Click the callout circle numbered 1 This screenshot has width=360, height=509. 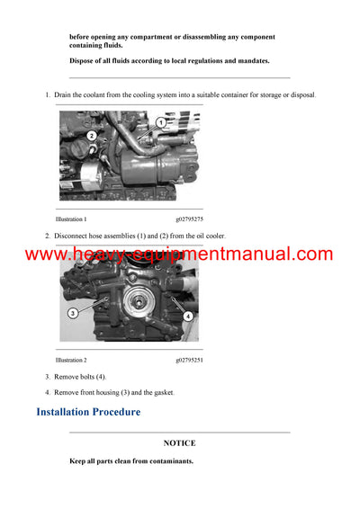pyautogui.click(x=160, y=122)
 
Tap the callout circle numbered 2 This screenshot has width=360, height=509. pyautogui.click(x=92, y=136)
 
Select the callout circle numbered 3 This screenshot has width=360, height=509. pyautogui.click(x=73, y=313)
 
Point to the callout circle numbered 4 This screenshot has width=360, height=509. pyautogui.click(x=188, y=316)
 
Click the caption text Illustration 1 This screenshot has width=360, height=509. pyautogui.click(x=71, y=219)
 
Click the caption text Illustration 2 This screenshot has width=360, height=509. pyautogui.click(x=71, y=360)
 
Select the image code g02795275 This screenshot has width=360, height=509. pyautogui.click(x=189, y=219)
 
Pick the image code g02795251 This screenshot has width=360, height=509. pyautogui.click(x=189, y=360)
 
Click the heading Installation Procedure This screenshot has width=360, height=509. pyautogui.click(x=88, y=412)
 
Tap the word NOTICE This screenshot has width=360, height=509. pyautogui.click(x=179, y=443)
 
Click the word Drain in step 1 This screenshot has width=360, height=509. pyautogui.click(x=64, y=94)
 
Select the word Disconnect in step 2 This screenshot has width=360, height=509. pyautogui.click(x=73, y=236)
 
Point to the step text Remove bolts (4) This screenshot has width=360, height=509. pyautogui.click(x=81, y=376)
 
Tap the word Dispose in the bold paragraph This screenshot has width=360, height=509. pyautogui.click(x=84, y=60)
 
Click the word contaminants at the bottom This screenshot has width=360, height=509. pyautogui.click(x=167, y=460)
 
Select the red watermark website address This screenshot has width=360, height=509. pyautogui.click(x=179, y=254)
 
